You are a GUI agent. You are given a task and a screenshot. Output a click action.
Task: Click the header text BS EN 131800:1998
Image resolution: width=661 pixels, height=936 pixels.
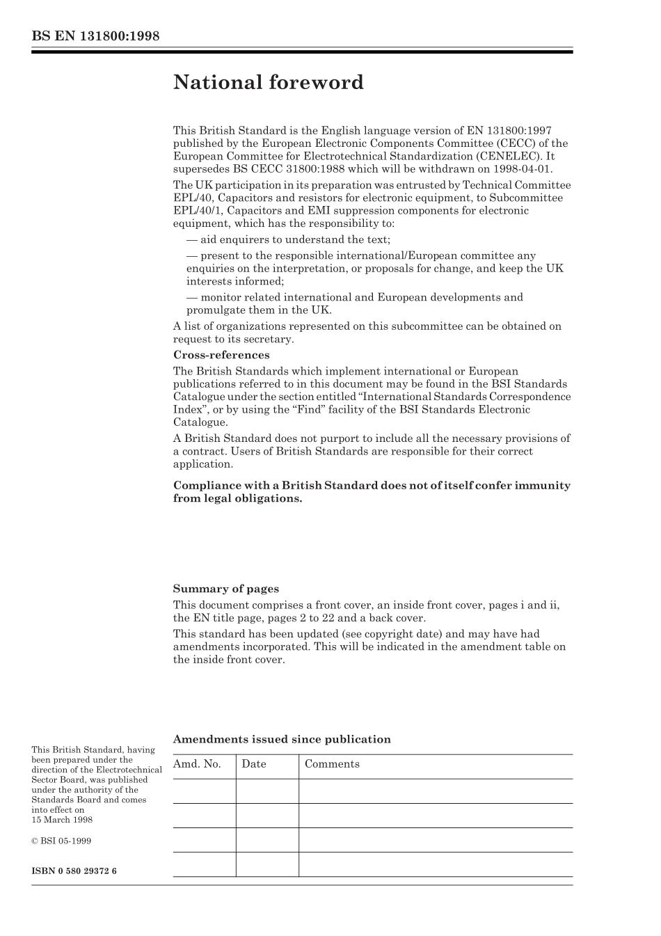pos(95,36)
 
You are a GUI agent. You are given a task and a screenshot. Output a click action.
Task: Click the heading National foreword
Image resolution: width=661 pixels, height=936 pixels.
pos(268,82)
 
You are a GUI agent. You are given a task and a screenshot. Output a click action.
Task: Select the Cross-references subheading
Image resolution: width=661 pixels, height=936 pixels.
pos(221,355)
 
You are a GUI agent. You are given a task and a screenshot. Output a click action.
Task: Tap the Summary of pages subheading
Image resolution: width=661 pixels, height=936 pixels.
pos(225,589)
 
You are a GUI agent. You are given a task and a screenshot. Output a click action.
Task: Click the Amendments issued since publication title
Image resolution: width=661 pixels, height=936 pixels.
pos(281,739)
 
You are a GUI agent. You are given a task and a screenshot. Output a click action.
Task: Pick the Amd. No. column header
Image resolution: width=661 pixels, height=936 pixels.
pos(197,764)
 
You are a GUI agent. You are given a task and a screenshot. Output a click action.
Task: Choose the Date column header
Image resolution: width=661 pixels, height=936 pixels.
pos(254,764)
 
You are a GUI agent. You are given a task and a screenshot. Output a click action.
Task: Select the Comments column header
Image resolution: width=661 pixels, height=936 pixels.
pos(332,764)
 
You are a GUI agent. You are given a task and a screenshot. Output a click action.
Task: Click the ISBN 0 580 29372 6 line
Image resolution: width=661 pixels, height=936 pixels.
pos(74,871)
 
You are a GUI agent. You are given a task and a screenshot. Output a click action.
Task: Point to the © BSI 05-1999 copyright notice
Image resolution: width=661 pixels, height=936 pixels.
pos(61,841)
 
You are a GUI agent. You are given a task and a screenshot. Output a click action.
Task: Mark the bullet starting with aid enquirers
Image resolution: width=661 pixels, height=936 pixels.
pos(288,239)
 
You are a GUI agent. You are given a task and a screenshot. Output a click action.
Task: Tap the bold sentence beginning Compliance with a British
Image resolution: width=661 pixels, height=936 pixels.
pos(371,491)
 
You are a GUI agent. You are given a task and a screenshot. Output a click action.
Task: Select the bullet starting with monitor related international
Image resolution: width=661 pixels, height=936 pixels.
pos(354,303)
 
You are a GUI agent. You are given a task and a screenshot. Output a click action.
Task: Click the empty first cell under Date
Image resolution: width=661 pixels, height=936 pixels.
pos(266,791)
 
